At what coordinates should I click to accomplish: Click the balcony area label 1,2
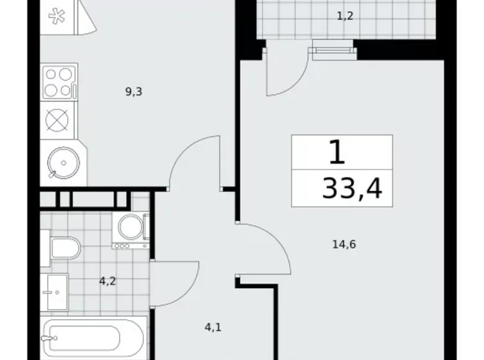click(x=345, y=17)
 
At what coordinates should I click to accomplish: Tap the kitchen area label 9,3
click(x=134, y=92)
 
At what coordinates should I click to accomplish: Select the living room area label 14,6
click(x=344, y=244)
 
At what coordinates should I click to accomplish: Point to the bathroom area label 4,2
click(x=107, y=281)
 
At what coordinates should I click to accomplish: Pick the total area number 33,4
click(x=352, y=186)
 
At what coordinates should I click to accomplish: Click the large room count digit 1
click(x=336, y=152)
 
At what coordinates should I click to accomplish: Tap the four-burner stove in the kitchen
click(x=58, y=82)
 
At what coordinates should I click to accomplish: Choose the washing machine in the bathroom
click(x=131, y=228)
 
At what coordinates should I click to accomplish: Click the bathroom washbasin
click(x=55, y=292)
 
